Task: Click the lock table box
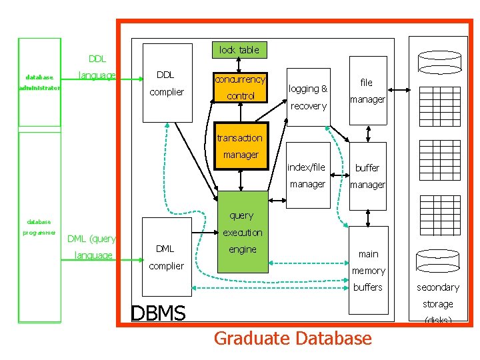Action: pyautogui.click(x=239, y=50)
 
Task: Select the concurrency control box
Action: pyautogui.click(x=240, y=87)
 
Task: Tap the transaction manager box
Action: pyautogui.click(x=240, y=146)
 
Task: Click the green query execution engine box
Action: pyautogui.click(x=241, y=233)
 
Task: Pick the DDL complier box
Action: pyautogui.click(x=166, y=84)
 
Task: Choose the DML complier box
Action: pyautogui.click(x=166, y=257)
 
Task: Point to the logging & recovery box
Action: pyautogui.click(x=308, y=97)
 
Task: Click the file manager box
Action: pyautogui.click(x=367, y=91)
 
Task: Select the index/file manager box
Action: pyautogui.click(x=307, y=175)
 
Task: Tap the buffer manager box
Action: pyautogui.click(x=367, y=176)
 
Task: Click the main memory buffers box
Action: pyautogui.click(x=368, y=270)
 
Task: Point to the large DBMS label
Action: pyautogui.click(x=158, y=313)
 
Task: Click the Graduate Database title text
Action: pyautogui.click(x=292, y=339)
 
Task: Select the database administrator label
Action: pyautogui.click(x=39, y=82)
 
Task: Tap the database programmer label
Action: pyautogui.click(x=39, y=227)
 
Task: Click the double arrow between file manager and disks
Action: pyautogui.click(x=399, y=89)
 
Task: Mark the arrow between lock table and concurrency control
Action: pyautogui.click(x=239, y=65)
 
